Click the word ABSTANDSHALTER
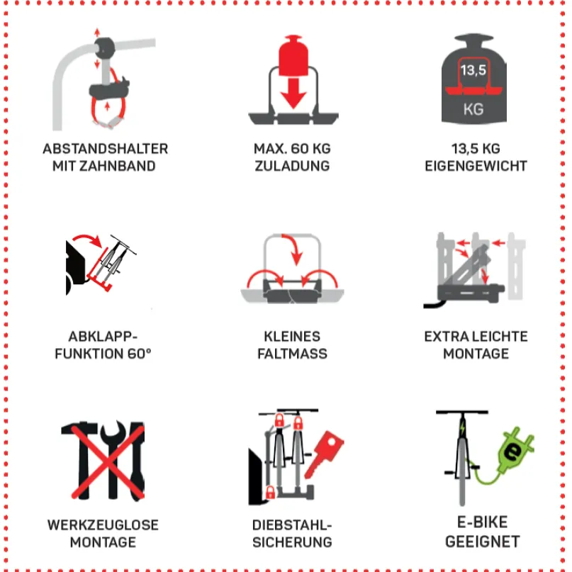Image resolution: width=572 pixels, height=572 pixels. pos(106,149)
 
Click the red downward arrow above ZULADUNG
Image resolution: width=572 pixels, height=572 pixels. pos(293,94)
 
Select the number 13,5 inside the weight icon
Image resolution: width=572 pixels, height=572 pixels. pos(473,69)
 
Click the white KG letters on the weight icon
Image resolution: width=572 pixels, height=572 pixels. pos(473,109)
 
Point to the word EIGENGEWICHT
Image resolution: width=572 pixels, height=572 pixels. pos(476,166)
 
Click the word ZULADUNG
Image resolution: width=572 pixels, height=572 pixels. pos(292,166)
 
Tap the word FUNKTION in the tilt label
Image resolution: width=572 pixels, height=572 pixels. pos(89,354)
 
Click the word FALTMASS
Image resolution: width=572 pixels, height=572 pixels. pos(292,354)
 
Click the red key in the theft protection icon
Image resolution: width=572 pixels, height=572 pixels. pos(324,454)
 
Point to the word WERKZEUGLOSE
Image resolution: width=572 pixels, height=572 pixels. pos(103,525)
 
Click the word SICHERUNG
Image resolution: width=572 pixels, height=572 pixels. pos(292,542)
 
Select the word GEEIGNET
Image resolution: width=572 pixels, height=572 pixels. pos(482,542)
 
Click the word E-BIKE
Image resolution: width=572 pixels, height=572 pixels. pos(482,522)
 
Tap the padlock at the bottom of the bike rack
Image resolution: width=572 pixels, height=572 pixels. pos(270,492)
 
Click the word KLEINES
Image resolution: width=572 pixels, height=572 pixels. pos(292,337)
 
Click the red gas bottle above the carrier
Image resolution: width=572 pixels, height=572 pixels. pos(293,55)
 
